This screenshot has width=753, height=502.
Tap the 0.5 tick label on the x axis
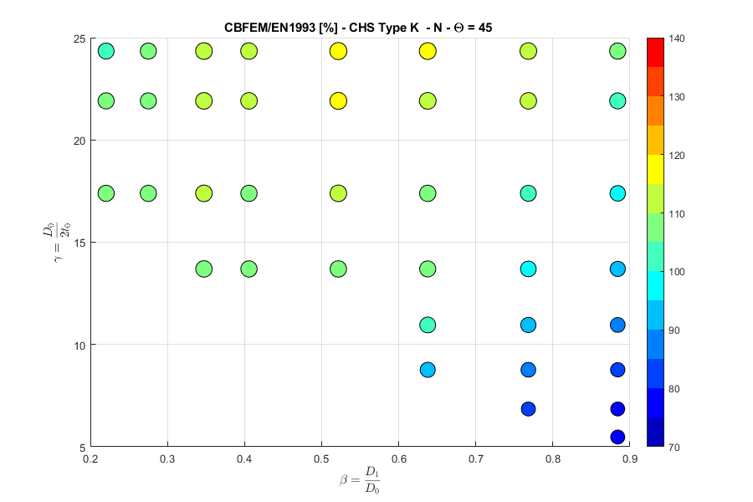click(321, 459)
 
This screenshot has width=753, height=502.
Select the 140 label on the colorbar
click(679, 38)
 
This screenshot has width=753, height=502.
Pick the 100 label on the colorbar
click(679, 272)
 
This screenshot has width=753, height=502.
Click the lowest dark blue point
click(617, 437)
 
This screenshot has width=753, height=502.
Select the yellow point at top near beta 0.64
click(428, 51)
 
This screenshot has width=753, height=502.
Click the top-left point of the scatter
click(106, 51)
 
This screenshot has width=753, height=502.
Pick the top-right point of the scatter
click(617, 51)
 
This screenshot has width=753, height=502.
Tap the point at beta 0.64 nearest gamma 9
click(428, 370)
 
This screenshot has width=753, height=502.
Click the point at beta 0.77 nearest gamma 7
click(528, 409)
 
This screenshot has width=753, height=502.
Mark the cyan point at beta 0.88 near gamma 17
click(617, 193)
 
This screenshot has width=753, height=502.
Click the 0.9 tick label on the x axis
click(629, 459)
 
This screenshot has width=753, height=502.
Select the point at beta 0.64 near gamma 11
click(428, 325)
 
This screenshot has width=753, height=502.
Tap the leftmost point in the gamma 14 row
click(203, 269)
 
